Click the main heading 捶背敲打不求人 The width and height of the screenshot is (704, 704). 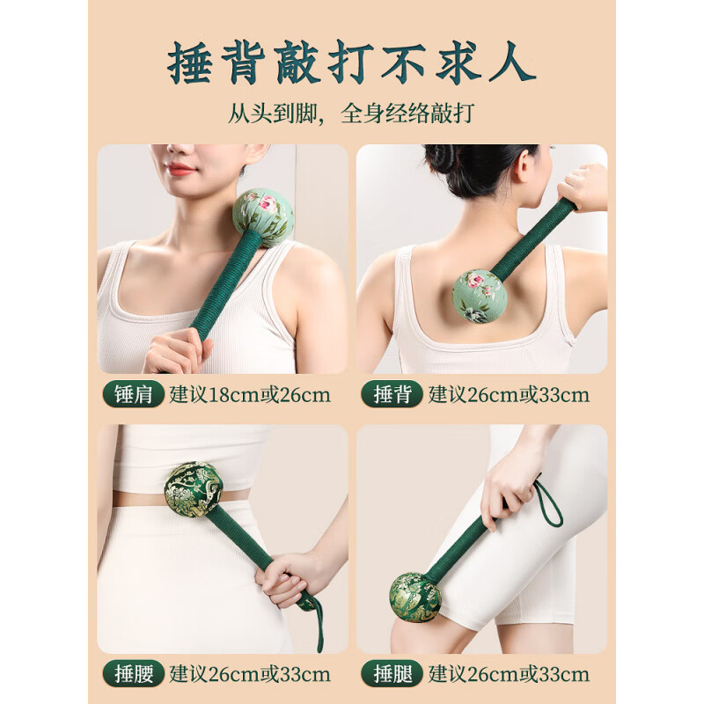click(352, 63)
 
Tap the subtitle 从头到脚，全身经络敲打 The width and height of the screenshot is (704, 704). click(352, 114)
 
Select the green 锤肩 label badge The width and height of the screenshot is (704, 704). click(134, 394)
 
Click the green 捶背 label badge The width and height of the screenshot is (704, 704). click(392, 394)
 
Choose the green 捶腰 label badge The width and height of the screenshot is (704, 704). click(134, 675)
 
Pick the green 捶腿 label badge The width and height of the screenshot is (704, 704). click(392, 675)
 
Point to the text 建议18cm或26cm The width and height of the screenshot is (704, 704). click(250, 394)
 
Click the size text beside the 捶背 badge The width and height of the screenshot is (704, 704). click(509, 394)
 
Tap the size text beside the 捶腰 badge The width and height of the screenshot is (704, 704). click(250, 675)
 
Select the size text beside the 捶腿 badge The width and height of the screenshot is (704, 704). click(509, 675)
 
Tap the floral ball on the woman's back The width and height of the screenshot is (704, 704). click(479, 296)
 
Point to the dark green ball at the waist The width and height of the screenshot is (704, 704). click(193, 488)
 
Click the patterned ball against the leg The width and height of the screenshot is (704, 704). click(415, 597)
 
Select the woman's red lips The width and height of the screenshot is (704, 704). click(181, 168)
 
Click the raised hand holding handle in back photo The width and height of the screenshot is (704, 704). click(583, 186)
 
